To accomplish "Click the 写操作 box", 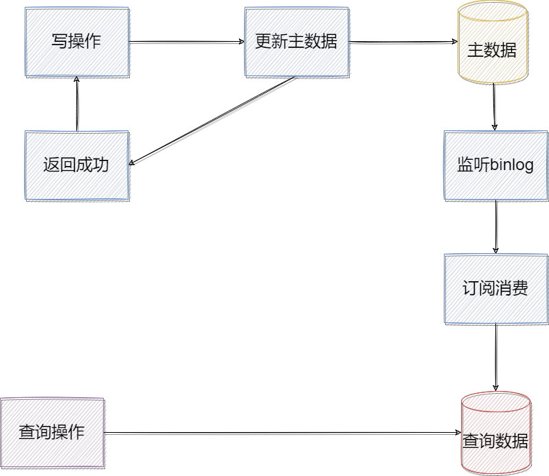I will coord(76,41).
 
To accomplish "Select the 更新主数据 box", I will coord(296,41).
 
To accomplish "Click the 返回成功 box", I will coord(76,165).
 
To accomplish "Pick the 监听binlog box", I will coord(495,165).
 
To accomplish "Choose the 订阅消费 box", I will coord(495,289).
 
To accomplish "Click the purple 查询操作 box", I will coord(52,432).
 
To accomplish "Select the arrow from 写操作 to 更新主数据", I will coord(186,41).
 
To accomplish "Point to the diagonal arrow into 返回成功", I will coord(213,121).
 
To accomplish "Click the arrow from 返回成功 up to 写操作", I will coord(77,103).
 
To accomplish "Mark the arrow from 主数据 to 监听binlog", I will coord(494,106).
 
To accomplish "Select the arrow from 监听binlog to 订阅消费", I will coord(496,227).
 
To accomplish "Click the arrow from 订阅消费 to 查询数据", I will coord(496,357).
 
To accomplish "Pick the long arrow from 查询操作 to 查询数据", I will coord(282,433).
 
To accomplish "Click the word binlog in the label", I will coord(513,165).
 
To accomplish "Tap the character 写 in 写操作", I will coord(60,41).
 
